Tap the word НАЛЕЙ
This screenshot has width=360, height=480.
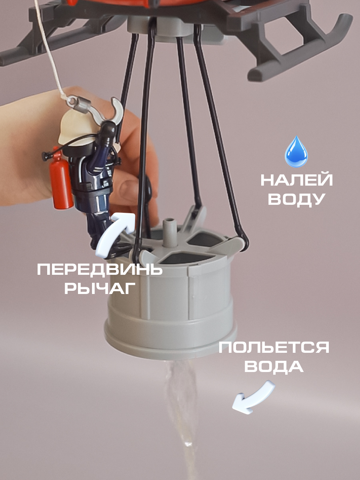click(296, 180)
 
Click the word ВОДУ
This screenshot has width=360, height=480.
click(296, 199)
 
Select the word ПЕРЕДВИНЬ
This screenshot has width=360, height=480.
click(100, 270)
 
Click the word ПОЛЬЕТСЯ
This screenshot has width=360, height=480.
click(274, 348)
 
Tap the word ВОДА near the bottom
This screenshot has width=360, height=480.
click(274, 366)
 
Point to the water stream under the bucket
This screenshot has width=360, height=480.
click(182, 400)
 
